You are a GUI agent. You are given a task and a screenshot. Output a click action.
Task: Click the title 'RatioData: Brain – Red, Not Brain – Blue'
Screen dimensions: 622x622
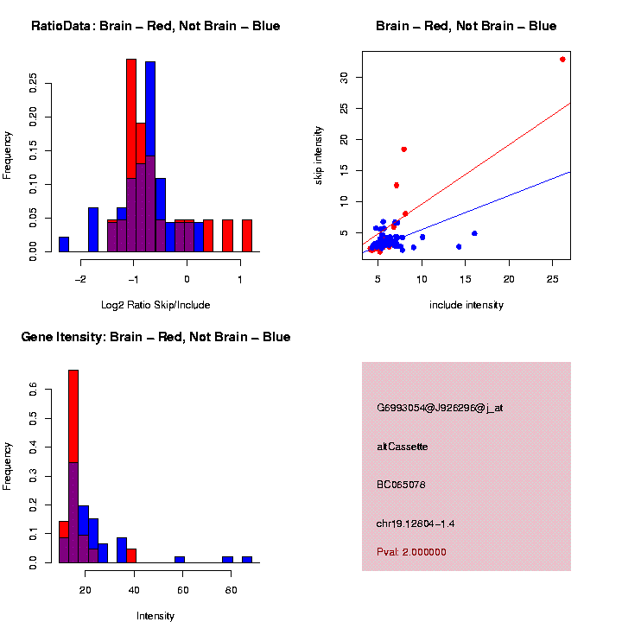(x=155, y=26)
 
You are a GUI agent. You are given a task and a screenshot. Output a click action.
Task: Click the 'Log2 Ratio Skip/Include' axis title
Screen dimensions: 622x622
(x=155, y=304)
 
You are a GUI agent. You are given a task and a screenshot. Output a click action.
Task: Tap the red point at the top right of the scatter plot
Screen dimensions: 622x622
(x=562, y=60)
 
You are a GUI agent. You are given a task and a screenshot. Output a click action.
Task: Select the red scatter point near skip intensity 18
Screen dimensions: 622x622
(x=403, y=149)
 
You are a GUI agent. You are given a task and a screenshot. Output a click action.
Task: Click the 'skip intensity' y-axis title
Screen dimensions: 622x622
(x=319, y=155)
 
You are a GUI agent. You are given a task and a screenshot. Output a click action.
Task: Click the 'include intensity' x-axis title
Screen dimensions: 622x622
(x=466, y=304)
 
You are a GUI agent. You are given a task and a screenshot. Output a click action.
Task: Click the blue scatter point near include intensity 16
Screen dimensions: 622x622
(x=474, y=233)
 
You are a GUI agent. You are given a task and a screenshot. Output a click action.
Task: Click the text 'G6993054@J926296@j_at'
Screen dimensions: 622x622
(x=440, y=408)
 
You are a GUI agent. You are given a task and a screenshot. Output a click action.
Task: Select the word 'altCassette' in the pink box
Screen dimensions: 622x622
(x=402, y=447)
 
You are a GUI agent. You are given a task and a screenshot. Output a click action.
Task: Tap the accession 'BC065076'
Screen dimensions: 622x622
(x=401, y=485)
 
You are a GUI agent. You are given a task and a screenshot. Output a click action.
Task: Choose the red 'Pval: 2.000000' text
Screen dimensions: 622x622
(x=411, y=552)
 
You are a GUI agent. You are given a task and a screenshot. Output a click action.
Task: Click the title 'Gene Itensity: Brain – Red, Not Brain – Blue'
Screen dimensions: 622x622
(x=155, y=337)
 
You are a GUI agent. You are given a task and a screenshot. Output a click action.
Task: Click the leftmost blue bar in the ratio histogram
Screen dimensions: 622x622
(x=64, y=244)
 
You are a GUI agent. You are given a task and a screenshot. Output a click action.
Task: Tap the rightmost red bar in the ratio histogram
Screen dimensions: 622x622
(x=247, y=235)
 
